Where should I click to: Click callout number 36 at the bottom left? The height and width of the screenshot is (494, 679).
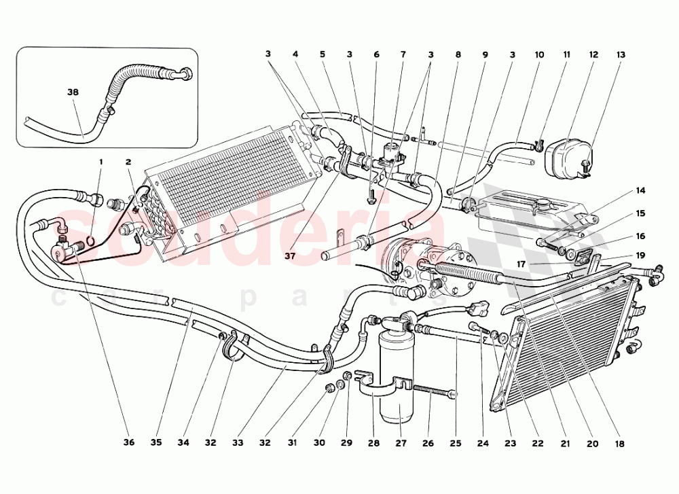(x=129, y=442)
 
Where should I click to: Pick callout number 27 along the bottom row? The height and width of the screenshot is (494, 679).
(x=401, y=442)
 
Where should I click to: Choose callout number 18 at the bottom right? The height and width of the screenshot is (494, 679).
(x=619, y=442)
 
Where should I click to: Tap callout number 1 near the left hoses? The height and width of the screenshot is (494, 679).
(x=101, y=162)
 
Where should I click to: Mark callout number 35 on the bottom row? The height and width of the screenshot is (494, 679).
(x=156, y=442)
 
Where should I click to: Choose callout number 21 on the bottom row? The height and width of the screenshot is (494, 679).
(x=565, y=442)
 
